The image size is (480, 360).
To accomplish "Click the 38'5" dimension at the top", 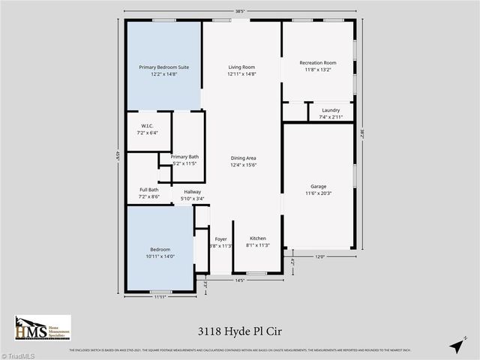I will [241, 10].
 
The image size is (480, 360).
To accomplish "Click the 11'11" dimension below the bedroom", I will [160, 298].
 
